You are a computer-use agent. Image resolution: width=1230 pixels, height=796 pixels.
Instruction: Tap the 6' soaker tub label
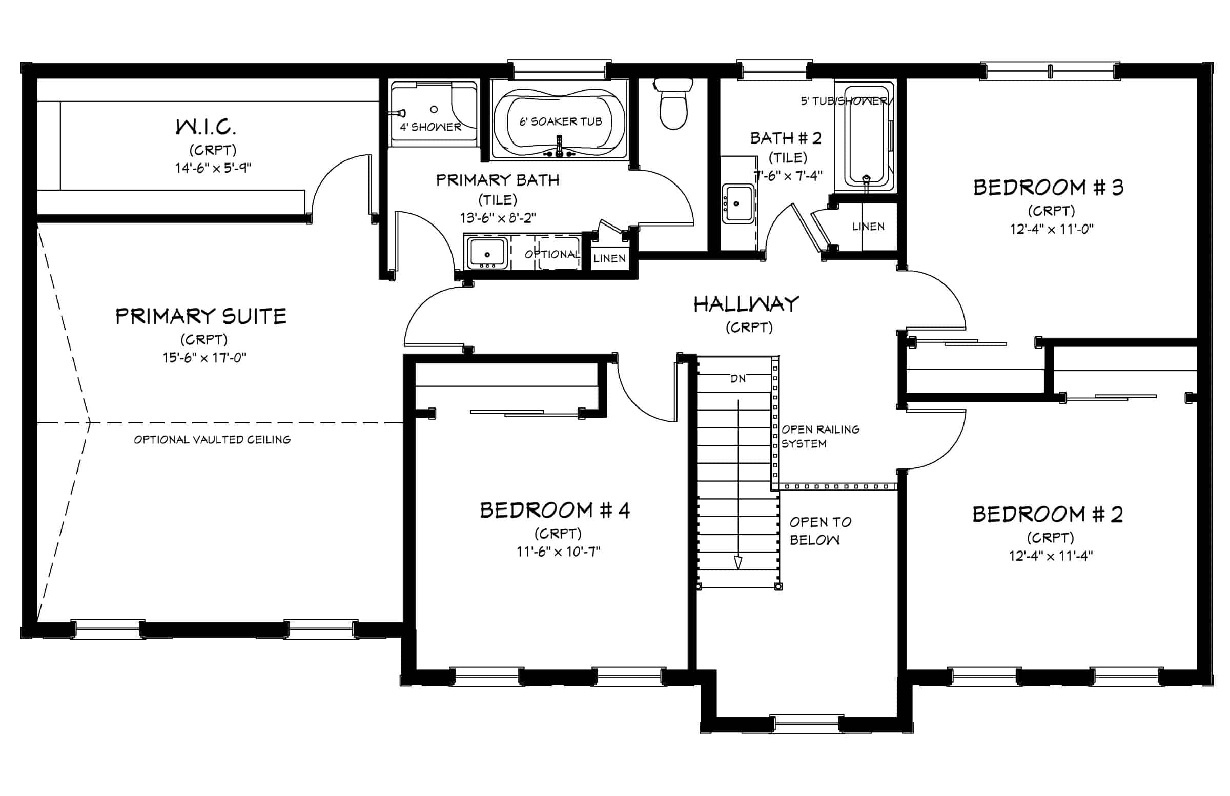[x=561, y=121]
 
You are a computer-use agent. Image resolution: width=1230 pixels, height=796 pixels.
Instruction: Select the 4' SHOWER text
[x=430, y=127]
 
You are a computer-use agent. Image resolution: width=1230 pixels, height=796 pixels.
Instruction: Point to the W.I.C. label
[x=206, y=127]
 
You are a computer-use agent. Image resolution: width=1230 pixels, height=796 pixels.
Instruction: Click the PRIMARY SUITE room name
[x=200, y=316]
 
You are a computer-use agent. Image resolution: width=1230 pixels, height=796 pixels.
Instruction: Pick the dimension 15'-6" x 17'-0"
[x=204, y=357]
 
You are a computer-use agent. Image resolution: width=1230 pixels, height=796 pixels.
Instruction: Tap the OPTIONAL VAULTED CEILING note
[x=212, y=440]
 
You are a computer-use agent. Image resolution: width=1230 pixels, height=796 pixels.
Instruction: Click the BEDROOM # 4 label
[x=555, y=511]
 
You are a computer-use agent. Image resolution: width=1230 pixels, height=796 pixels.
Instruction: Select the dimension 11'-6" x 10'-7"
[x=558, y=552]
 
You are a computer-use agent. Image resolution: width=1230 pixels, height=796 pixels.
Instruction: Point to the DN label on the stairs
[x=738, y=379]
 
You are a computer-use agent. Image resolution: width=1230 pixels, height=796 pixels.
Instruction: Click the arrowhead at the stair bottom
[x=738, y=563]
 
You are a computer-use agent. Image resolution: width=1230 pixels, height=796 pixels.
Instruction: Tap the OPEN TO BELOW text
[x=820, y=531]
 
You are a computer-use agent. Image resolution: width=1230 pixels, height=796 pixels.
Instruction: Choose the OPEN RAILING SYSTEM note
[x=820, y=437]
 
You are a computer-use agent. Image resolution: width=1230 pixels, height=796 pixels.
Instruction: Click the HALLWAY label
[x=746, y=304]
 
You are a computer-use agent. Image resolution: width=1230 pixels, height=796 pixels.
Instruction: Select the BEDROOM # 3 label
[x=1048, y=188]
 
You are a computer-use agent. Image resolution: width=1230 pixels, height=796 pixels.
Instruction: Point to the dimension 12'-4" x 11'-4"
[x=1051, y=556]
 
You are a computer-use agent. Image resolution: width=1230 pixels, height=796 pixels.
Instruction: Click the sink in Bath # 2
[x=737, y=203]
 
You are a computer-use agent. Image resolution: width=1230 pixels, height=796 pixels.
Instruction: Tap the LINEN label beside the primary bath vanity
[x=609, y=258]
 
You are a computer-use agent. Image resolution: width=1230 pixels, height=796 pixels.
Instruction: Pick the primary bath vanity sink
[x=487, y=254]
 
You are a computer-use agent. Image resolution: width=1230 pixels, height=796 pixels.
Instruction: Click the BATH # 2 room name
[x=786, y=138]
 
